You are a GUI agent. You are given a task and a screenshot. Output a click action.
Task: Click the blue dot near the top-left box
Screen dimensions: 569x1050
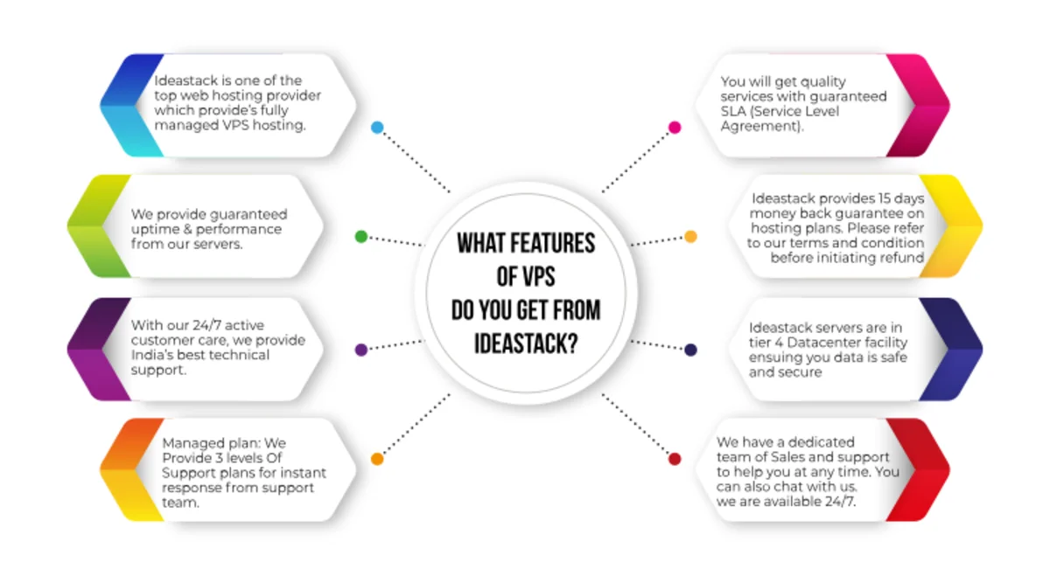click(377, 128)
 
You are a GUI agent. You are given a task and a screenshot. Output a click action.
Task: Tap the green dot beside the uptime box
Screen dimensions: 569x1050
click(361, 237)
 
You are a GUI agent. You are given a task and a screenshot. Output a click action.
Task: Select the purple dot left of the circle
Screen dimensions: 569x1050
click(361, 350)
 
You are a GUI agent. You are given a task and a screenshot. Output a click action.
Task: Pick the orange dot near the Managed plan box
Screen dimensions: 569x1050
click(377, 459)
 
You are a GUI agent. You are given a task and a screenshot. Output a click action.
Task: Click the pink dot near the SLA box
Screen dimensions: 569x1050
click(675, 128)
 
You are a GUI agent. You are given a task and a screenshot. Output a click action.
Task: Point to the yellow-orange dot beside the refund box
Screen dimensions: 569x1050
click(690, 237)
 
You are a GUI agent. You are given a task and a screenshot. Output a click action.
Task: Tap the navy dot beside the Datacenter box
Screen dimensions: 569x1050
click(690, 350)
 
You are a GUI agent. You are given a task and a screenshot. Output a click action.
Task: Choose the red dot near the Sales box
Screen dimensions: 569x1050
click(675, 459)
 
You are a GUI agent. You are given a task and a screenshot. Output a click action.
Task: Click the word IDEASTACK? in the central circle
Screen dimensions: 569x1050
click(526, 343)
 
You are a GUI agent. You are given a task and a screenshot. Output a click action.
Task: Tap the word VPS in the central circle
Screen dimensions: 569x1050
click(536, 277)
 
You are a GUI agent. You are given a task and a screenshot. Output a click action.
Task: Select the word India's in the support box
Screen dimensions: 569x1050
click(152, 356)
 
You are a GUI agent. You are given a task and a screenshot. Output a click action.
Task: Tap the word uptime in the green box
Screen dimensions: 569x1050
click(152, 229)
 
